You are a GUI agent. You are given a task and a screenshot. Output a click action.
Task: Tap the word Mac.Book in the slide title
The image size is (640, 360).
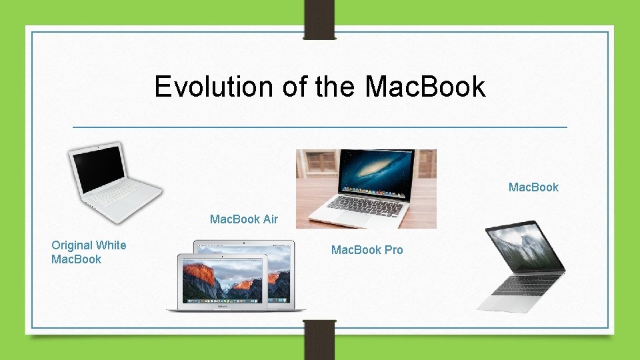coord(425,87)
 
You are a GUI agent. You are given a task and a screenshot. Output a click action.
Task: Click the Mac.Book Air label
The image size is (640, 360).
coord(244,219)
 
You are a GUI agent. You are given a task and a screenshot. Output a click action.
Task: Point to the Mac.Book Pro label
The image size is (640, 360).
coord(367,250)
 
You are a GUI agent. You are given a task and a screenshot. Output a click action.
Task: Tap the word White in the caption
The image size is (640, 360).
coord(111,245)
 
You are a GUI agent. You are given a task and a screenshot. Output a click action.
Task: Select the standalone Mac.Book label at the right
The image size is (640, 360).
coord(533,187)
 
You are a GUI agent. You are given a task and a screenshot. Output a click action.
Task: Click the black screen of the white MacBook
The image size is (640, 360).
coord(98,167)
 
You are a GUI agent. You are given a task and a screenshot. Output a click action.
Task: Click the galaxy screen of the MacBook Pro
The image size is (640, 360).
coord(376,172)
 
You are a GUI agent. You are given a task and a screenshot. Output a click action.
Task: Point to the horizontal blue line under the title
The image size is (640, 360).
coord(320,127)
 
